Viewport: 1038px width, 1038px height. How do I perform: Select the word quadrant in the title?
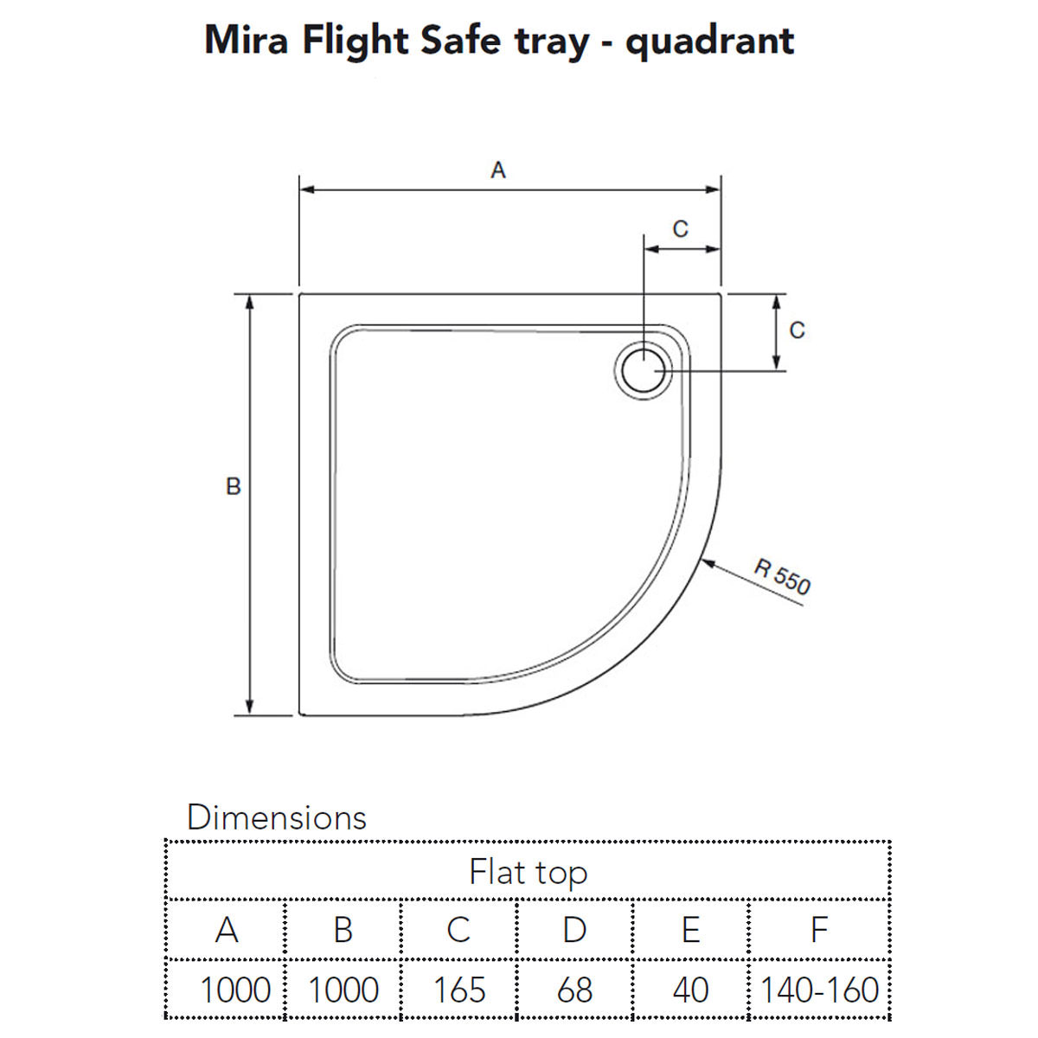tap(709, 42)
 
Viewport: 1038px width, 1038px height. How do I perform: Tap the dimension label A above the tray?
tap(497, 170)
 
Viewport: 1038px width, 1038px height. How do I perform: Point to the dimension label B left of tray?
tap(233, 487)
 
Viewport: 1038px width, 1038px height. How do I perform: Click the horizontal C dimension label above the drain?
tap(681, 229)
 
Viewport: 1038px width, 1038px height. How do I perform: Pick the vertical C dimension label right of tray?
tap(797, 330)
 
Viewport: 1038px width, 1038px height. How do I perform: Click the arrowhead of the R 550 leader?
tap(705, 563)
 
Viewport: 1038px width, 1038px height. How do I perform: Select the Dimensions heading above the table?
tap(277, 817)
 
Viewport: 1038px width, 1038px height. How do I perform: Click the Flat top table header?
tap(528, 872)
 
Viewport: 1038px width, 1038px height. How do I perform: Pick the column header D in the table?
tap(574, 930)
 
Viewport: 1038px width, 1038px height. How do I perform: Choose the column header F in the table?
tap(818, 930)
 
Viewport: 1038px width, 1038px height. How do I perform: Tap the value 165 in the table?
tap(459, 990)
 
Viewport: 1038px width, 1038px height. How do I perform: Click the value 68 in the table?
tap(574, 990)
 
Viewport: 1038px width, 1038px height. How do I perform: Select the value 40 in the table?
tap(689, 990)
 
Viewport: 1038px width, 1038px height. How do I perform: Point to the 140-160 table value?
tap(818, 990)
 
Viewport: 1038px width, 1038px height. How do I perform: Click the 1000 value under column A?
tap(234, 990)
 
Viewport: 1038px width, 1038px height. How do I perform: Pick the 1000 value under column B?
tap(343, 990)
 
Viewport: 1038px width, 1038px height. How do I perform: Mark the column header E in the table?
tap(689, 930)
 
